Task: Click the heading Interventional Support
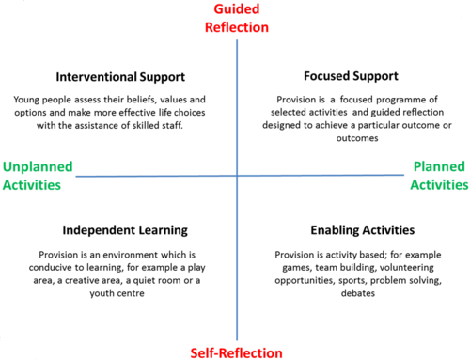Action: coord(120,77)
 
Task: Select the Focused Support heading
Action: coord(351,76)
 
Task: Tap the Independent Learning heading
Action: coord(125,230)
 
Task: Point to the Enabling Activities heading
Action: coord(363,230)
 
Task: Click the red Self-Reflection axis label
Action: coord(237,353)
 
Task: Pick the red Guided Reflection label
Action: coord(237,18)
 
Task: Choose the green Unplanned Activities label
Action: coord(38,176)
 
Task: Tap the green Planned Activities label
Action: coord(439,176)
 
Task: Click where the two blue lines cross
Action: coord(237,176)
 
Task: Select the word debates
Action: coord(358,293)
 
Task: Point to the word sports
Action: coord(352,280)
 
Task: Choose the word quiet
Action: coord(144,280)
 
